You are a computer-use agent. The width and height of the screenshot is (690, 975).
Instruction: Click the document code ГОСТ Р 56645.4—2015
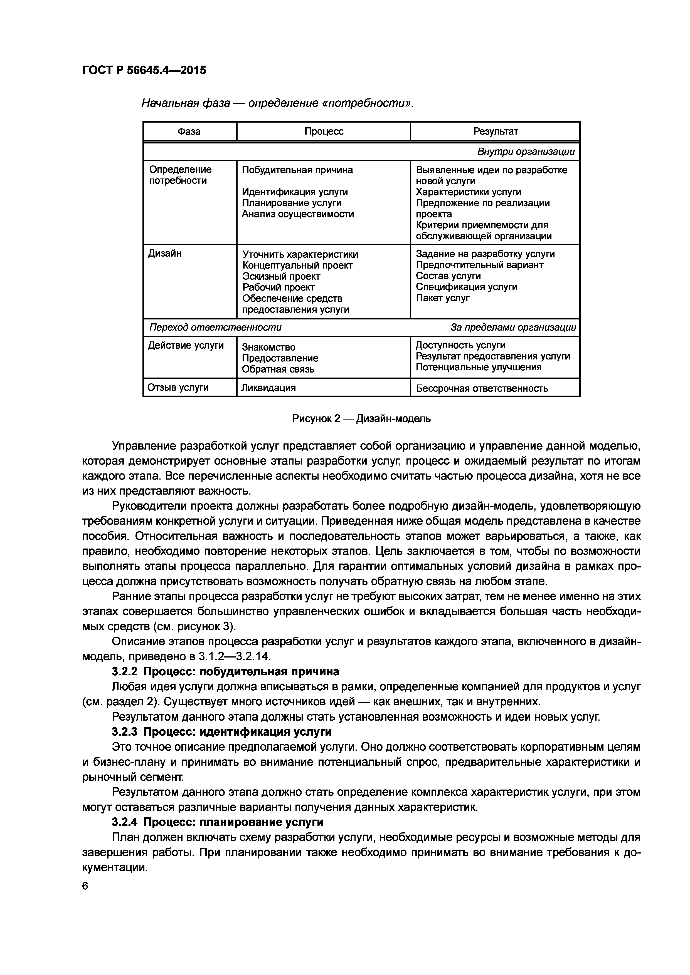click(x=144, y=70)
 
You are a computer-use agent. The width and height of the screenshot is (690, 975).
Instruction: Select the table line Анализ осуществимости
click(x=297, y=214)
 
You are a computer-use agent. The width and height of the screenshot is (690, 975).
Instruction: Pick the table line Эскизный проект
click(x=281, y=276)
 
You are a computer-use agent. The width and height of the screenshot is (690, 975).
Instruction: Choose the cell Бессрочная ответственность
click(x=482, y=388)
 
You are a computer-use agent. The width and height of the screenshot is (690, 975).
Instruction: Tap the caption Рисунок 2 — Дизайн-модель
click(x=361, y=419)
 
